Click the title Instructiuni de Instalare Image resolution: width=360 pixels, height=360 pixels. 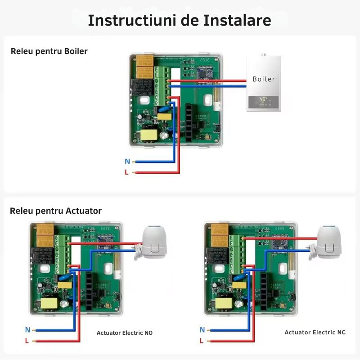pyautogui.click(x=180, y=20)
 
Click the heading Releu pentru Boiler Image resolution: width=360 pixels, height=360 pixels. pyautogui.click(x=49, y=51)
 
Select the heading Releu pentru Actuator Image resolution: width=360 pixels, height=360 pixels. pyautogui.click(x=56, y=211)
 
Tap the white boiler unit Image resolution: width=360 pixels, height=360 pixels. pyautogui.click(x=264, y=84)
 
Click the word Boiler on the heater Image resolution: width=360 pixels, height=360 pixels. pyautogui.click(x=264, y=79)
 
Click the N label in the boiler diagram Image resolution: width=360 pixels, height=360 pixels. pyautogui.click(x=127, y=162)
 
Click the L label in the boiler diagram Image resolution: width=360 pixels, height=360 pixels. pyautogui.click(x=127, y=172)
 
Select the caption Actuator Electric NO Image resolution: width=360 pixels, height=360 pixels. pyautogui.click(x=125, y=333)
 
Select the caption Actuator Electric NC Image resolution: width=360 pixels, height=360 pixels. pyautogui.click(x=315, y=333)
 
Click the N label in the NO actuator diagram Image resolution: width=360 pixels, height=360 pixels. pyautogui.click(x=27, y=330)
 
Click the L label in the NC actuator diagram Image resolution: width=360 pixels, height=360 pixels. pyautogui.click(x=202, y=341)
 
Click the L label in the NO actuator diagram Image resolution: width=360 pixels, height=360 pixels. pyautogui.click(x=27, y=341)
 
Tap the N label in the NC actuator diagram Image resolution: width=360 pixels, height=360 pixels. pyautogui.click(x=202, y=330)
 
